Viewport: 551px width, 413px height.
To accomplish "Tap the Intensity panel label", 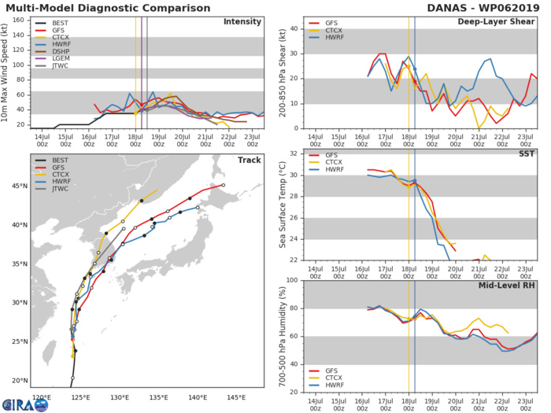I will click(243, 21).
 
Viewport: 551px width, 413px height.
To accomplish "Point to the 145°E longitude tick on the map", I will click(236, 397).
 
